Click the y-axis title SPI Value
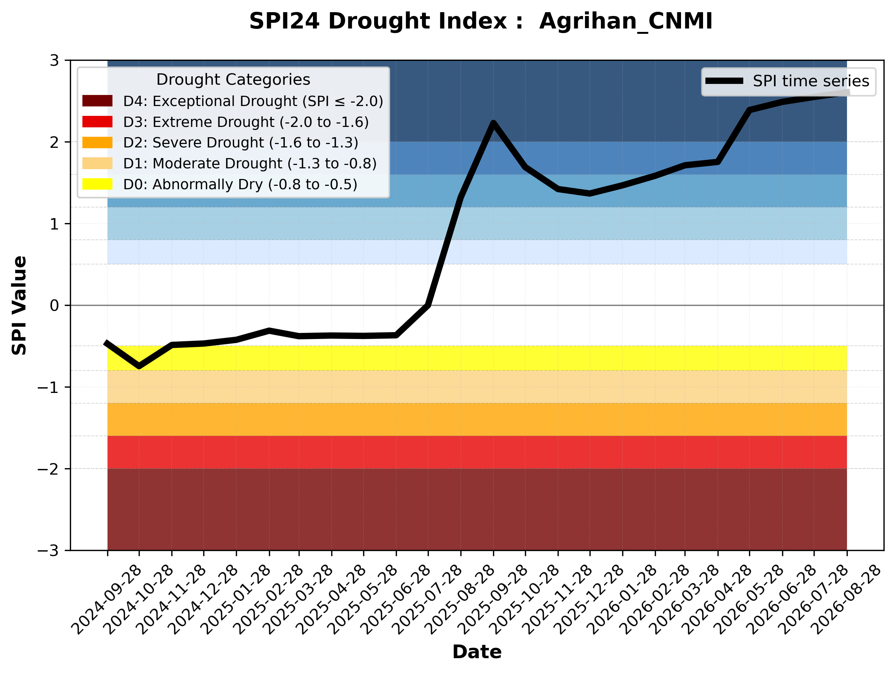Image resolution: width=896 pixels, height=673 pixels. [19, 306]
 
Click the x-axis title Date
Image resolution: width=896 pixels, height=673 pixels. [477, 652]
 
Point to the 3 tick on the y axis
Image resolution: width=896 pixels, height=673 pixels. [54, 60]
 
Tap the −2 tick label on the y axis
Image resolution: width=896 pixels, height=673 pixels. [48, 469]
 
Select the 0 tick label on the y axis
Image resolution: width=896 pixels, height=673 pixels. [54, 306]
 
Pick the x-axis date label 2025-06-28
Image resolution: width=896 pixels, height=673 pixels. [395, 600]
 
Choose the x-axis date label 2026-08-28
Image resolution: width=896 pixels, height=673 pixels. [846, 600]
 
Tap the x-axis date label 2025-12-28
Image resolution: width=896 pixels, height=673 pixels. [589, 600]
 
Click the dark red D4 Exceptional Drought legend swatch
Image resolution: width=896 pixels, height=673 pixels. [97, 101]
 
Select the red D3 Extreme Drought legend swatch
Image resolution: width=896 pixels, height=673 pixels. [97, 122]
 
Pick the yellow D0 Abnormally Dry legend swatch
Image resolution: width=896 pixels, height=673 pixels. [97, 184]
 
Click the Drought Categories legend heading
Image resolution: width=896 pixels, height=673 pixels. [233, 79]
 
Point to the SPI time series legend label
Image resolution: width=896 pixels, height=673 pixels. [811, 81]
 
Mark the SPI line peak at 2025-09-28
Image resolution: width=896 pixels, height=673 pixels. [493, 123]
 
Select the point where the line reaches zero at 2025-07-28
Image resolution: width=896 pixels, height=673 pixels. [428, 305]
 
